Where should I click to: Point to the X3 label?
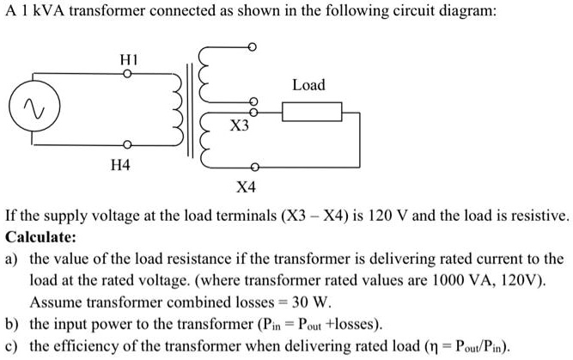click(241, 126)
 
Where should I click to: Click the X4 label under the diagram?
click(247, 187)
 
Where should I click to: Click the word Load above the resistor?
click(308, 85)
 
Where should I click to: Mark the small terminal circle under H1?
click(125, 75)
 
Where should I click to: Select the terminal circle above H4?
click(125, 143)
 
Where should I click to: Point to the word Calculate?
click(35, 236)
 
